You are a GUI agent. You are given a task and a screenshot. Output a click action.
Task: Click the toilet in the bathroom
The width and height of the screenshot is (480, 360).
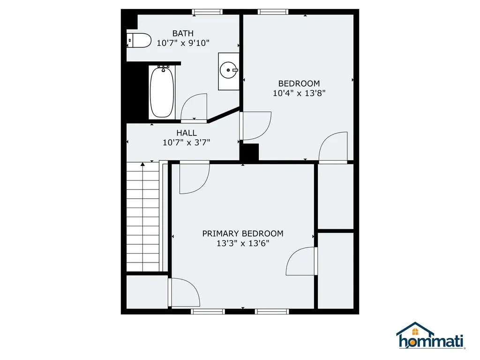pyautogui.click(x=139, y=40)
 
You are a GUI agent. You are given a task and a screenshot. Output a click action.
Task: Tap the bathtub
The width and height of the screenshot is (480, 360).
pyautogui.click(x=162, y=92)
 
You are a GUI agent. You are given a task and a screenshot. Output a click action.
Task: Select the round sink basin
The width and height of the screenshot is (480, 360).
pyautogui.click(x=228, y=70)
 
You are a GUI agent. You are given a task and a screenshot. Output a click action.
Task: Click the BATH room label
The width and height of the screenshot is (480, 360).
pyautogui.click(x=183, y=33)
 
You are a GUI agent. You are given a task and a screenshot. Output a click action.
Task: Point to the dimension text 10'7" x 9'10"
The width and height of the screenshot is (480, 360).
pyautogui.click(x=183, y=43)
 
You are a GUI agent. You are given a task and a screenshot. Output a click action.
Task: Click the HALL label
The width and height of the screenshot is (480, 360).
pyautogui.click(x=187, y=133)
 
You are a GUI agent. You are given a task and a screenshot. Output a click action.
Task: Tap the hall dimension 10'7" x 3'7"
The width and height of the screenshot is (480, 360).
pyautogui.click(x=187, y=142)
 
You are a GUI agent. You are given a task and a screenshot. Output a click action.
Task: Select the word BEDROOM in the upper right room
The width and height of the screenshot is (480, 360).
pyautogui.click(x=299, y=83)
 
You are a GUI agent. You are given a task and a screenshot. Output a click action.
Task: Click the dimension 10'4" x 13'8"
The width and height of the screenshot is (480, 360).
pyautogui.click(x=299, y=93)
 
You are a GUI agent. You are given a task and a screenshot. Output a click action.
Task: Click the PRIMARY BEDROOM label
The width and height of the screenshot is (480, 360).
pyautogui.click(x=243, y=233)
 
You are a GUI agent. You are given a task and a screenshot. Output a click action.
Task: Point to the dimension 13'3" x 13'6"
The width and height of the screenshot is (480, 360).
pyautogui.click(x=243, y=243)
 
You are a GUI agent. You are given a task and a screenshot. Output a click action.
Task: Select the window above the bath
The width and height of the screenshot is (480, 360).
pyautogui.click(x=207, y=12)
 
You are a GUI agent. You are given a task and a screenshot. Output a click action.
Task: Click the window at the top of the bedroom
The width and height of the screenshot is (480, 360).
pyautogui.click(x=273, y=12)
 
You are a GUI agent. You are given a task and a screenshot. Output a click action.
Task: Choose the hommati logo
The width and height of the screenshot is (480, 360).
pyautogui.click(x=431, y=336)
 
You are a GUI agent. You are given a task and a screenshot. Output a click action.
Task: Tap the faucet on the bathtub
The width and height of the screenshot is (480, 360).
pyautogui.click(x=164, y=68)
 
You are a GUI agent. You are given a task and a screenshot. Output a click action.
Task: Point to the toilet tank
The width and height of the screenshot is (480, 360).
pyautogui.click(x=130, y=40)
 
